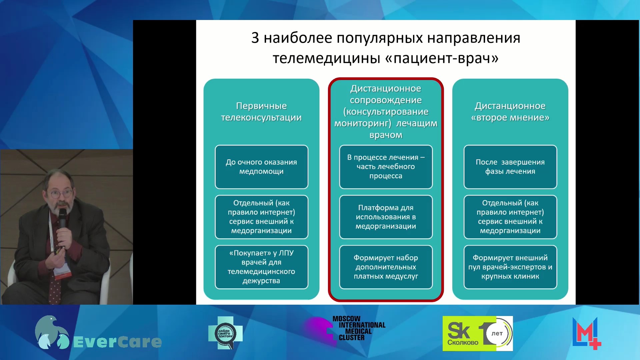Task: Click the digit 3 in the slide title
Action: click(255, 38)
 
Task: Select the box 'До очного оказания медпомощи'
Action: click(261, 167)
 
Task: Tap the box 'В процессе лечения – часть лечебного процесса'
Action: click(386, 167)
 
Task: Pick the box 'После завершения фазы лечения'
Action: click(510, 167)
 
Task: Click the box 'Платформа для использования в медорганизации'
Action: click(386, 217)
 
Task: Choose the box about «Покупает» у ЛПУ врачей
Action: click(261, 267)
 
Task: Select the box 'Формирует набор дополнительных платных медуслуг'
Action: click(386, 267)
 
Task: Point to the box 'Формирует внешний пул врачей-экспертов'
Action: click(510, 267)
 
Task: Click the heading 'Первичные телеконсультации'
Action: click(261, 112)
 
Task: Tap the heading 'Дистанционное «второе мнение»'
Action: click(510, 112)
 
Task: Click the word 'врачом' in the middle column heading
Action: click(386, 135)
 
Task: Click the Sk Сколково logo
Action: click(478, 333)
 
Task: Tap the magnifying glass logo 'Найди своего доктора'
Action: click(226, 333)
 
